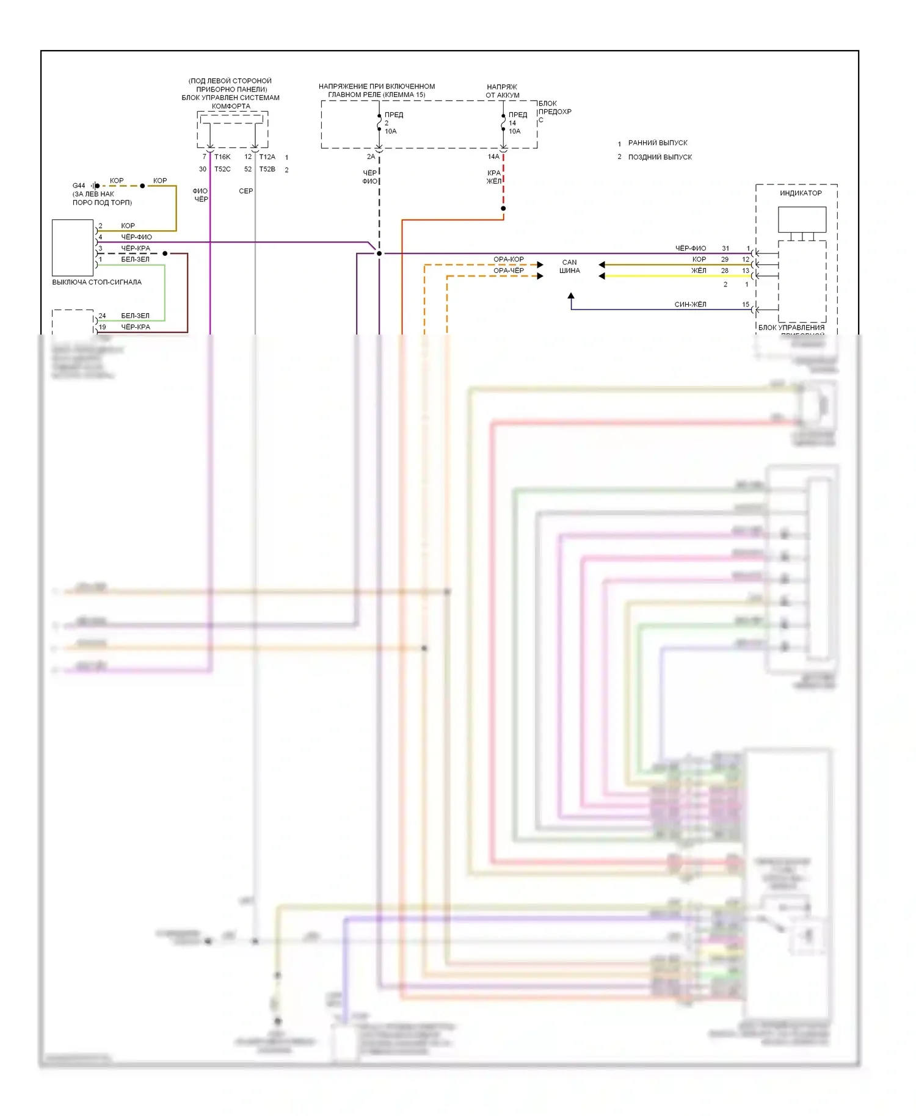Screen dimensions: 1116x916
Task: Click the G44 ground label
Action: point(79,186)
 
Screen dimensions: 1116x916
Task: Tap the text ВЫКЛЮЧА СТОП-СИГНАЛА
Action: point(96,282)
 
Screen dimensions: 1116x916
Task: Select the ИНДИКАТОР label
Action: point(801,193)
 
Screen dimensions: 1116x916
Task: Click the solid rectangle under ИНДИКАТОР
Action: point(802,219)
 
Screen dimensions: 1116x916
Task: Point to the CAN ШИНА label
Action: point(569,266)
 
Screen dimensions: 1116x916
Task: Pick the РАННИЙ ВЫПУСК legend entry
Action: point(658,143)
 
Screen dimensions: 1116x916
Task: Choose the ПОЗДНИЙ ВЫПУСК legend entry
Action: point(660,157)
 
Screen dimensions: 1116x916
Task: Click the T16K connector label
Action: point(222,157)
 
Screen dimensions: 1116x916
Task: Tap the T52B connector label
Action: point(267,169)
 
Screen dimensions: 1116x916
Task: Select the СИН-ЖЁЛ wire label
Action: point(690,304)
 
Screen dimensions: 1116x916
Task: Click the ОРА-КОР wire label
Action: point(508,259)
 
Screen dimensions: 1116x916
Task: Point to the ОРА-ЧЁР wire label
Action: point(508,270)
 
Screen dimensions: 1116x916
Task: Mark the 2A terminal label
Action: point(371,157)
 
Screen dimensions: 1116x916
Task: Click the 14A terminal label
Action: point(493,157)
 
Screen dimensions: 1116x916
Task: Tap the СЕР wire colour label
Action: point(245,191)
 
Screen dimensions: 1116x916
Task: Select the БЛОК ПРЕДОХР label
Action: point(554,108)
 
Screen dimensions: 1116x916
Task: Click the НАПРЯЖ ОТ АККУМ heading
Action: point(502,91)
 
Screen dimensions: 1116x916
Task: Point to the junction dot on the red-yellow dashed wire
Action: point(503,209)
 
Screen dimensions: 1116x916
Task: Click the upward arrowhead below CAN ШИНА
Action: point(571,296)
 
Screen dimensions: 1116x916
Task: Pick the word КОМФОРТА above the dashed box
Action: point(231,106)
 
